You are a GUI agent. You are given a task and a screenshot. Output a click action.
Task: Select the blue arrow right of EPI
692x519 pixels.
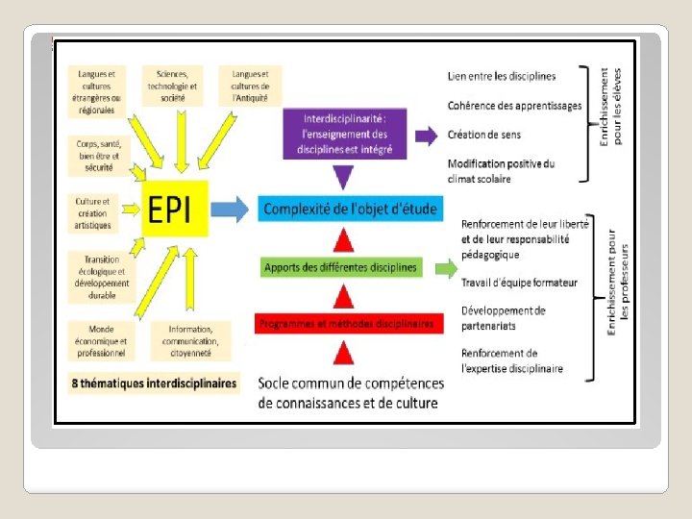click(229, 209)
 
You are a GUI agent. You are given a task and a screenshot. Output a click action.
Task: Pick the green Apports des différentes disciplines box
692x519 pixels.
click(341, 267)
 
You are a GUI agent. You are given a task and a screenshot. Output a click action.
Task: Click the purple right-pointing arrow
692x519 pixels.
click(425, 135)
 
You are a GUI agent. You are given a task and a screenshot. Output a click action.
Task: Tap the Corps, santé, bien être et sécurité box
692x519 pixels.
click(98, 155)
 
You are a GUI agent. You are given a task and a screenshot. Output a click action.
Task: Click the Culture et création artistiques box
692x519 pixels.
click(93, 213)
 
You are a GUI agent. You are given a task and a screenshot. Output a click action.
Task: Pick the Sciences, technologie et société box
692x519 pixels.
click(172, 86)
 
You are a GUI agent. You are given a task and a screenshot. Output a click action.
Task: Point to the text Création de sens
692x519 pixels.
click(484, 135)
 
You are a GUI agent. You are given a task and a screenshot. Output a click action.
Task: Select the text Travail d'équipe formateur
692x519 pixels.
click(519, 283)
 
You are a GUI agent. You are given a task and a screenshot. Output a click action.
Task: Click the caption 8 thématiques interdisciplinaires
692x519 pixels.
click(154, 383)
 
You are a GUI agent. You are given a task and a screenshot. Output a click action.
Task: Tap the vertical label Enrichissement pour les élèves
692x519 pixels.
click(611, 106)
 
